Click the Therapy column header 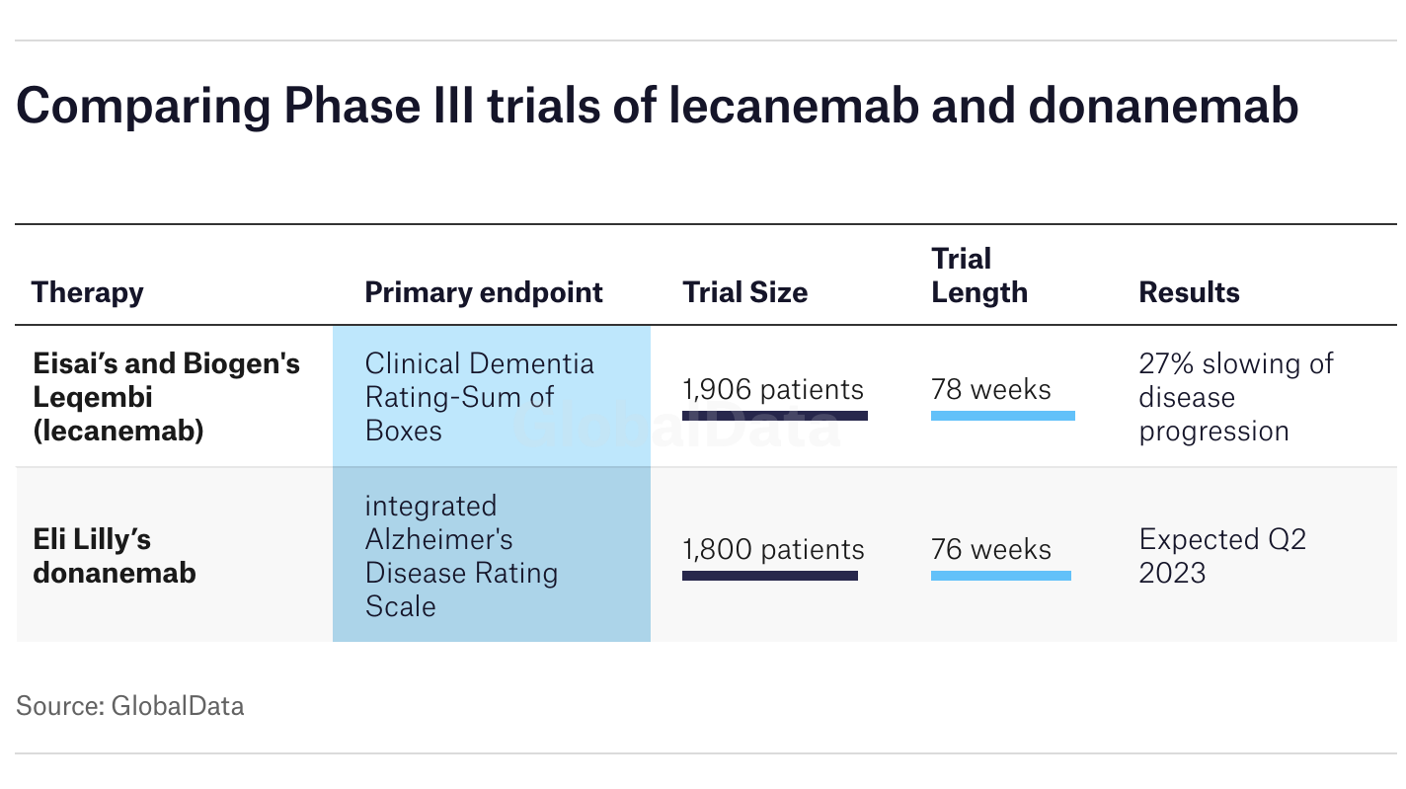(87, 293)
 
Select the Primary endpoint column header (484, 293)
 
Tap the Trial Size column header (745, 292)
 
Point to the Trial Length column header (979, 276)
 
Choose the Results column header (1189, 292)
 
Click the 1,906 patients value (773, 390)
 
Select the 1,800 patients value (773, 550)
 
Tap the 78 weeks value (990, 390)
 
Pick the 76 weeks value (990, 550)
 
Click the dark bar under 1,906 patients (774, 416)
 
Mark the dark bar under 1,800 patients (769, 576)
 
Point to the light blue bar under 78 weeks (1002, 416)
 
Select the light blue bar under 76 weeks (1000, 576)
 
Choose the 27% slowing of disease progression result (1236, 397)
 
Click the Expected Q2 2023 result (1222, 556)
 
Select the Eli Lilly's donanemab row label (115, 556)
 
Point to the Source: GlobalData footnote (130, 706)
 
